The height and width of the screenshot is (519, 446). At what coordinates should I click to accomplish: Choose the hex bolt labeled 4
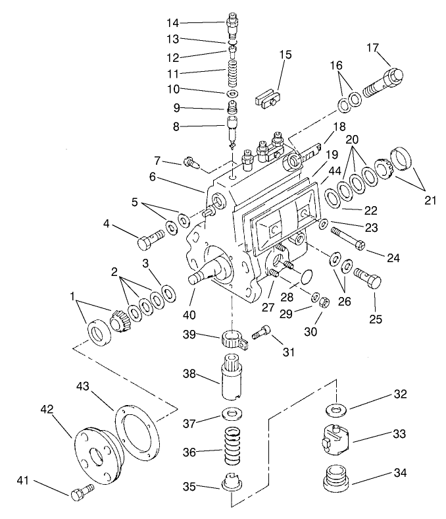pyautogui.click(x=151, y=240)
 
